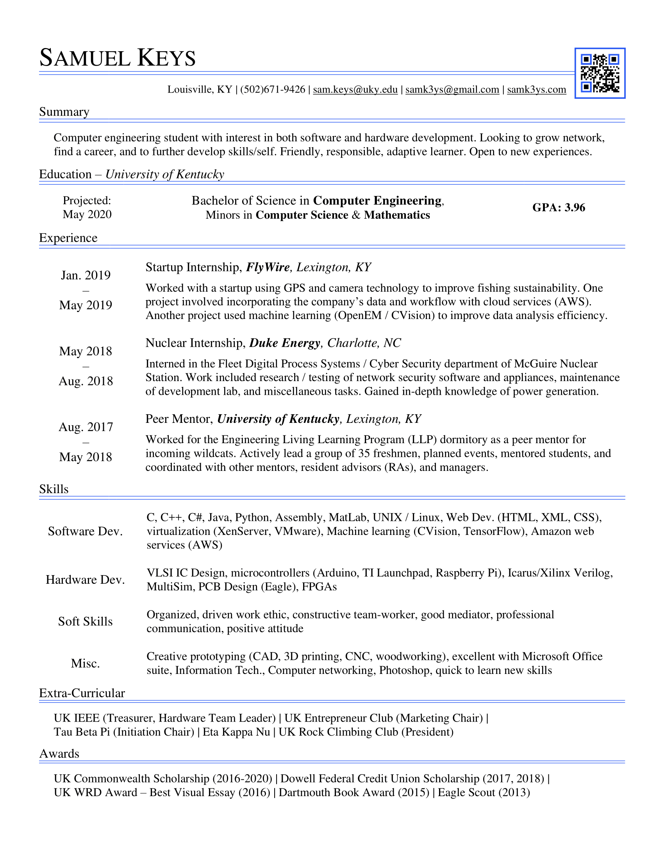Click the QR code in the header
(600, 73)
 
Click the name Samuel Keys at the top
(118, 58)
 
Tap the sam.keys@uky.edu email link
(355, 90)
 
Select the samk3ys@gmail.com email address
(452, 90)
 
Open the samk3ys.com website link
(537, 90)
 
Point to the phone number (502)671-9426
(273, 90)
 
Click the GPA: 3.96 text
(559, 207)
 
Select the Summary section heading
(64, 112)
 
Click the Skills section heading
(54, 489)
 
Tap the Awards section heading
(59, 754)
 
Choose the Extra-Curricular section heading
(82, 693)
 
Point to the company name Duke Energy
(285, 343)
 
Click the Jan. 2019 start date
(86, 275)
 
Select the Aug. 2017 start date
(86, 427)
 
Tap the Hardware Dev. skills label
(86, 580)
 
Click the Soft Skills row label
(86, 622)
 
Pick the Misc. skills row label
(86, 663)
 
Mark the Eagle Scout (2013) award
(484, 792)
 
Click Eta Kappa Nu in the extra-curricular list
(236, 732)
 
